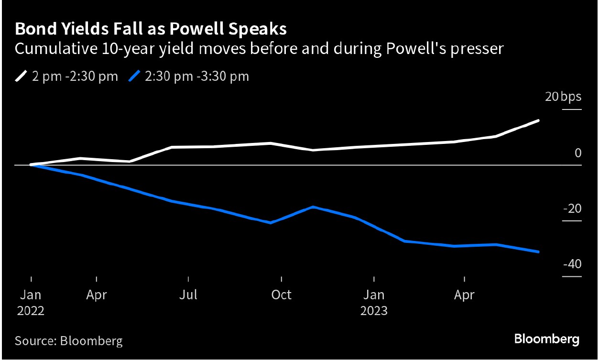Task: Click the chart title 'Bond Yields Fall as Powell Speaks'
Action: point(151,30)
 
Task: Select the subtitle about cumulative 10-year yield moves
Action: point(259,49)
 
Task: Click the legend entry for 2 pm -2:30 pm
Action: point(66,76)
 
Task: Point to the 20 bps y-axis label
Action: point(564,97)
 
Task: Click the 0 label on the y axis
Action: point(578,153)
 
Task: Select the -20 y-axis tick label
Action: point(572,209)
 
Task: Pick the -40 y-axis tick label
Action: point(572,264)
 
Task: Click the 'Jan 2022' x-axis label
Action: point(31,303)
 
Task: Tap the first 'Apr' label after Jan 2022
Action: point(97,295)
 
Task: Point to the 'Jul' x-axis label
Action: point(188,295)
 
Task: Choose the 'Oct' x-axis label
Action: point(281,295)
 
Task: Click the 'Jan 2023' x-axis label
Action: point(374,303)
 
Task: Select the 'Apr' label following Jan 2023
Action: point(464,295)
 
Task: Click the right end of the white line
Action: point(539,120)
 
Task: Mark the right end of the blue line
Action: point(539,252)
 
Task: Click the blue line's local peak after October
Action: point(313,207)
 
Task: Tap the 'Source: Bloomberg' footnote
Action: point(68,341)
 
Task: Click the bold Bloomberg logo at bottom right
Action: point(547,339)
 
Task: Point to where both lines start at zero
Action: point(31,165)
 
